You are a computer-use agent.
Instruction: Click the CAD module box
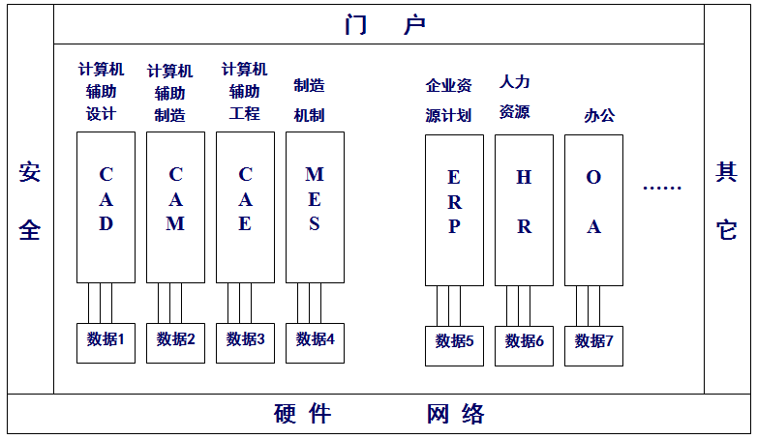pos(106,207)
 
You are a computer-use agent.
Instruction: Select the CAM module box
pos(175,207)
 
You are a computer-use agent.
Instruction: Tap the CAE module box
pos(245,207)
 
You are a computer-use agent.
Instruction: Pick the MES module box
pos(315,207)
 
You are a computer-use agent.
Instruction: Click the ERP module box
pos(454,210)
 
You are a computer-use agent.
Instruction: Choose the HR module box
pos(524,210)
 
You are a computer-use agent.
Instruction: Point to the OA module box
pos(593,210)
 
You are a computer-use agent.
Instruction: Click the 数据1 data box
pos(106,341)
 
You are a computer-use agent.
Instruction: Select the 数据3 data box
pos(245,341)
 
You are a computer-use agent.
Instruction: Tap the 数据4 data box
pos(315,341)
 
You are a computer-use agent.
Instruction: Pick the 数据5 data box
pos(454,344)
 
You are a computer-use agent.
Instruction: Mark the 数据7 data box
pos(593,344)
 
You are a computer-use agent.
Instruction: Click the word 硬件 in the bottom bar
pos(302,415)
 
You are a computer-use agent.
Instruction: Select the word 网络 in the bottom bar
pos(455,415)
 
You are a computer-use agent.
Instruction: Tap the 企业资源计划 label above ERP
pos(448,101)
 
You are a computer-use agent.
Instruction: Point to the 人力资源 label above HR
pos(515,97)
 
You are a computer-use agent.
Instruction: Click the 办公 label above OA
pos(599,116)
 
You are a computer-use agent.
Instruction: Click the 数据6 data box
pos(524,344)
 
